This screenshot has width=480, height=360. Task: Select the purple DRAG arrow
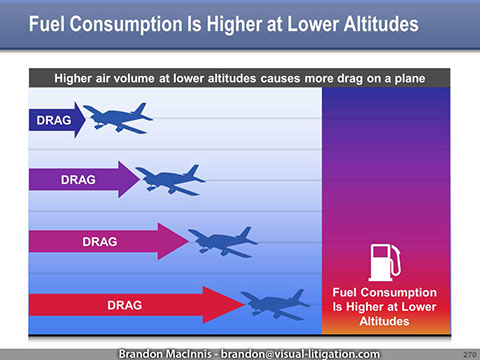tap(80, 180)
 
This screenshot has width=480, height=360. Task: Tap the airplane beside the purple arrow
tap(170, 180)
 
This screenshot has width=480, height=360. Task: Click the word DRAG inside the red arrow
tap(124, 304)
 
